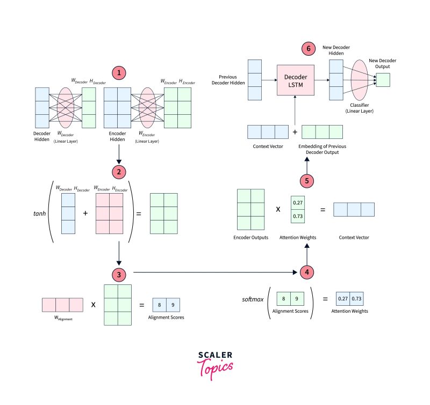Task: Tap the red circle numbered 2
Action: tap(119, 172)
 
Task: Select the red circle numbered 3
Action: tap(119, 274)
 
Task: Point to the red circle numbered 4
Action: tap(306, 272)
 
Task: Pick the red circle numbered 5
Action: tap(306, 181)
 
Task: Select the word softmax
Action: tap(252, 299)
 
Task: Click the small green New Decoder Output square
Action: tap(383, 80)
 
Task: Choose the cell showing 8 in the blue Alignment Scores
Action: tap(160, 305)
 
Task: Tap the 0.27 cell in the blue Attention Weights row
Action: tap(342, 299)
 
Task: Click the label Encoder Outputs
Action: tap(250, 237)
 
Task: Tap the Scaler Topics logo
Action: tap(214, 365)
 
